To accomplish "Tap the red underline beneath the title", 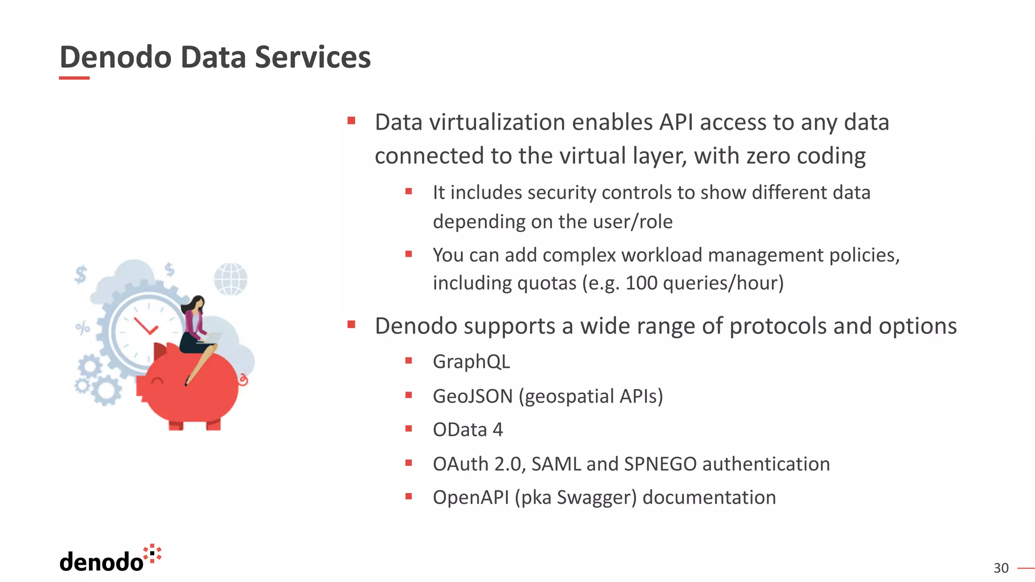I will tap(74, 78).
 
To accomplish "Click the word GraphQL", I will tap(471, 362).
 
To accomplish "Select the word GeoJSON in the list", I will tap(473, 396).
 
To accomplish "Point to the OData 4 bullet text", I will tap(467, 430).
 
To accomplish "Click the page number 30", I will tap(1001, 568).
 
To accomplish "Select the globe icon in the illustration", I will tap(230, 279).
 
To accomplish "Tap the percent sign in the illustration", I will tap(82, 328).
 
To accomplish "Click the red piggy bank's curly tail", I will tap(243, 379).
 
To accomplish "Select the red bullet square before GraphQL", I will tap(409, 361).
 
